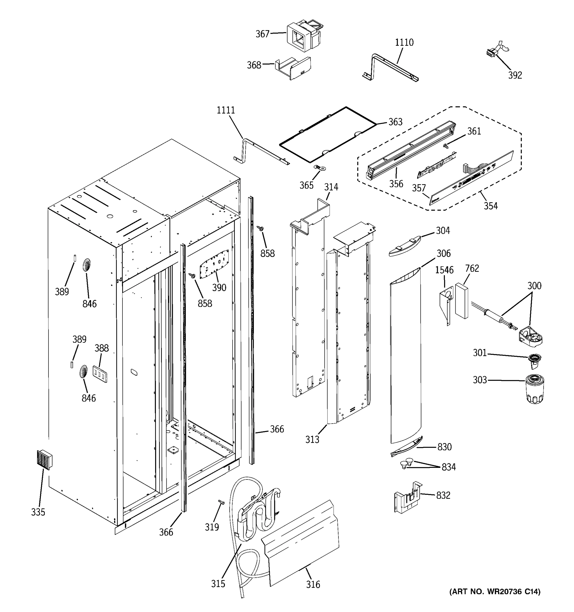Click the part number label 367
click(262, 34)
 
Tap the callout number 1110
click(404, 43)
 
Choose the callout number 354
click(490, 206)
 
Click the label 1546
click(444, 270)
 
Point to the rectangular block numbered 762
click(461, 301)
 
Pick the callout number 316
click(313, 584)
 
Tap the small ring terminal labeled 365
click(316, 168)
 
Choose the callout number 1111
click(226, 110)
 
